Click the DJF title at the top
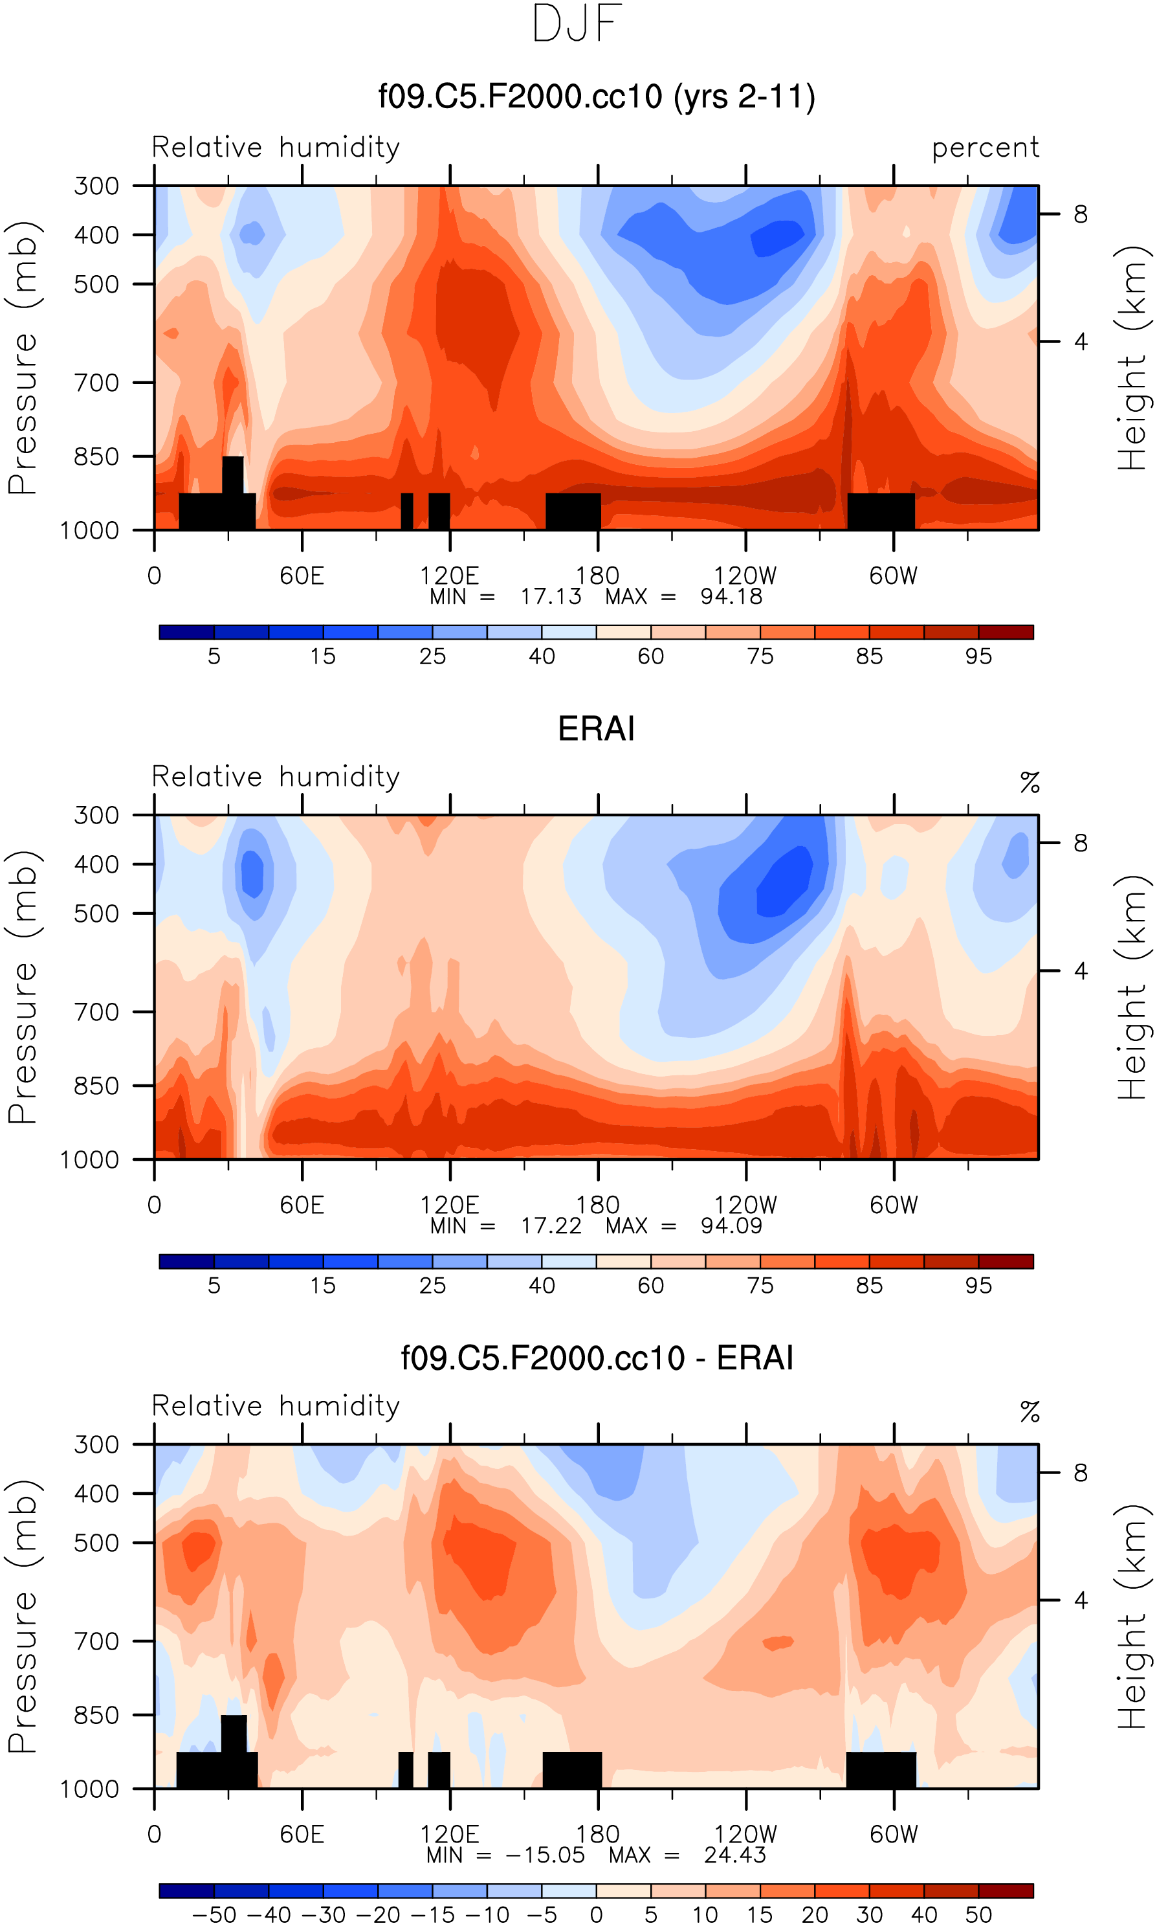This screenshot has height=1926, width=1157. [577, 24]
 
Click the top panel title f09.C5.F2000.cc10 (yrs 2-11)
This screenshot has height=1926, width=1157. [597, 96]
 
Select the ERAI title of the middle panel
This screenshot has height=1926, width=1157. [597, 728]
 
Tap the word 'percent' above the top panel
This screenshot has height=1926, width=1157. [985, 148]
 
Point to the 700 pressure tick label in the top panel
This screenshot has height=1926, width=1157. [96, 383]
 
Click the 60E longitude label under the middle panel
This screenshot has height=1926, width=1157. [302, 1205]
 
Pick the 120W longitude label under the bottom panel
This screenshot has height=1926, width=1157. [745, 1834]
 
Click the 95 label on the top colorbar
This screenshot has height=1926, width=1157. [978, 656]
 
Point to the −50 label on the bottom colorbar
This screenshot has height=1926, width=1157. [214, 1915]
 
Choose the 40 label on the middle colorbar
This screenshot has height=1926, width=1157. [542, 1286]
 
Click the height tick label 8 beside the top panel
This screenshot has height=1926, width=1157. [1081, 214]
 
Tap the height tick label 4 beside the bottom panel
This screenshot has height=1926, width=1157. [1081, 1600]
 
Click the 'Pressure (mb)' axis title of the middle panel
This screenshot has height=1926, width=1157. [23, 988]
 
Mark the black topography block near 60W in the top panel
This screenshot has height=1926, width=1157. [881, 511]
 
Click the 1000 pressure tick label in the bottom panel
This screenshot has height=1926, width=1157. [90, 1789]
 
